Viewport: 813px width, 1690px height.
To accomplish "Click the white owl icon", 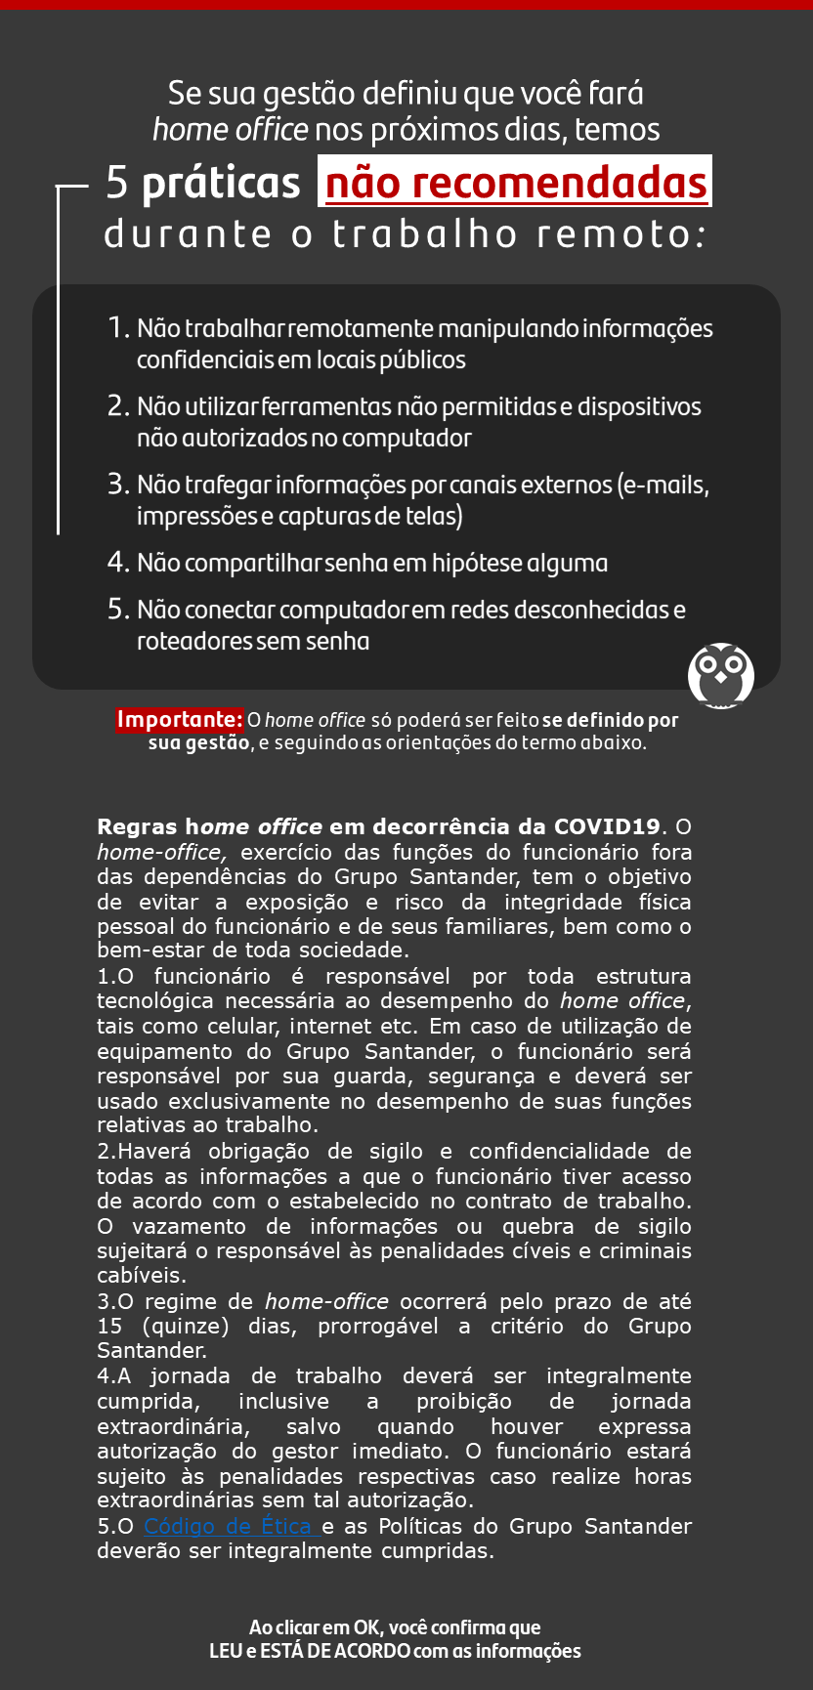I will click(x=721, y=675).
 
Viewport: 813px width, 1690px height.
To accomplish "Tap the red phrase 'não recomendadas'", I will click(x=515, y=183).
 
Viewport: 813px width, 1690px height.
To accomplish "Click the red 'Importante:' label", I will click(x=179, y=720).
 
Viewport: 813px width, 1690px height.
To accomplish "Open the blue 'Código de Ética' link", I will click(x=231, y=1526).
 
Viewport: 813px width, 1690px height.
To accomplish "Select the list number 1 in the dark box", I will click(x=118, y=328).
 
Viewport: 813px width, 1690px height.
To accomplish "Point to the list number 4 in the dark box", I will click(x=118, y=563).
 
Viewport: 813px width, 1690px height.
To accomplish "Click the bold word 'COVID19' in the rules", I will click(x=607, y=826).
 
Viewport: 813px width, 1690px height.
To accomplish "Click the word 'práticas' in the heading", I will click(x=221, y=183).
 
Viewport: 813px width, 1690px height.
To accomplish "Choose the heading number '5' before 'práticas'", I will click(x=116, y=183).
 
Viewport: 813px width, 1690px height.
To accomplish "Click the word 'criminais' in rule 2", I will click(x=645, y=1250).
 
